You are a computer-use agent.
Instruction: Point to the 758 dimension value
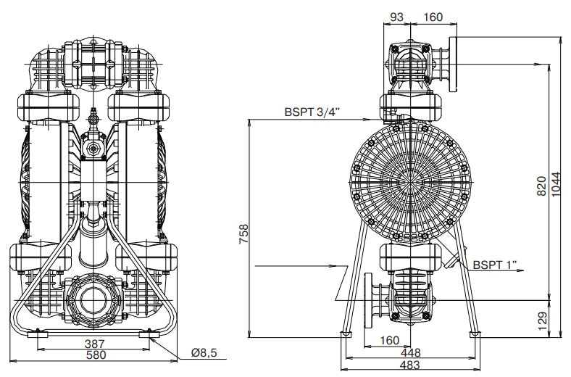pos(244,236)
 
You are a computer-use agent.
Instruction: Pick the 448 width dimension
pos(410,352)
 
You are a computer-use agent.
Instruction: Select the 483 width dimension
pos(410,365)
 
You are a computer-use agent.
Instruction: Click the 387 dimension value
pos(96,344)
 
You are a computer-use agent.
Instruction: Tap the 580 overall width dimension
pos(96,355)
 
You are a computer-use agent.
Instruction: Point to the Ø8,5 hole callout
pos(204,353)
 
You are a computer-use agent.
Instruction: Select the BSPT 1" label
pos(497,265)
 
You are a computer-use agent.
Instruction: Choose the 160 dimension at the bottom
pos(389,340)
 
